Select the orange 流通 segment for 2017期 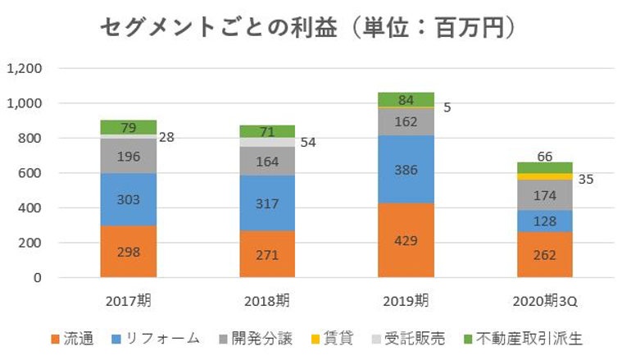(x=129, y=251)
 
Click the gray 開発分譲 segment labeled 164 (x=267, y=162)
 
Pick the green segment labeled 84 (x=406, y=100)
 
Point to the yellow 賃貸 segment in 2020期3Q (x=545, y=176)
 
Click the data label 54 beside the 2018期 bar (x=307, y=143)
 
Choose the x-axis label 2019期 (x=406, y=299)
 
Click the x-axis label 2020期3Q (x=545, y=299)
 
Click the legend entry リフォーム (x=164, y=338)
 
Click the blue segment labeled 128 (x=545, y=221)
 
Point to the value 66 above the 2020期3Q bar (x=545, y=156)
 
